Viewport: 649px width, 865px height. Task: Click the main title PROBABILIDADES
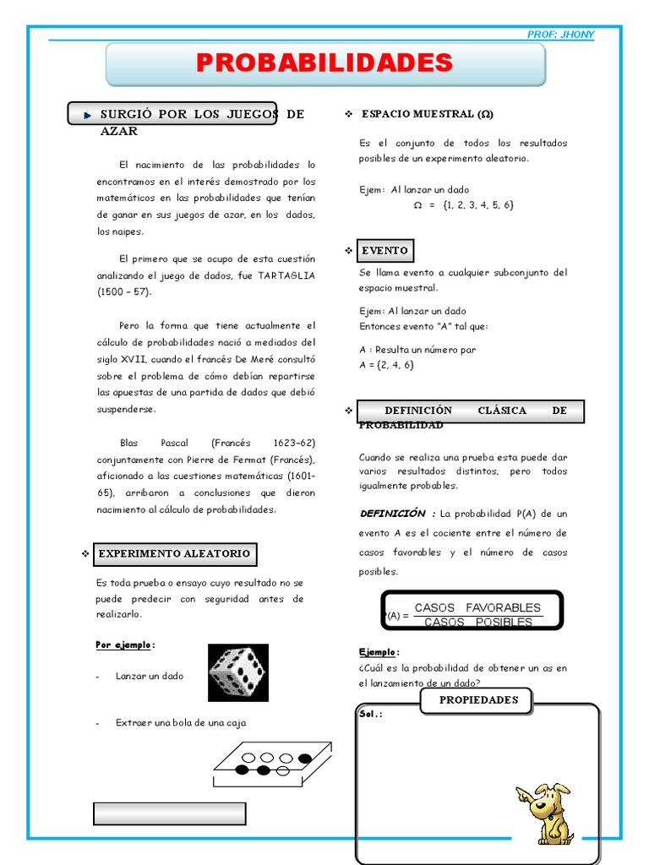[x=324, y=63]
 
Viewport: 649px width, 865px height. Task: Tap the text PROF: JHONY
[x=560, y=35]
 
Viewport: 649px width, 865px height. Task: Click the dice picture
[x=237, y=672]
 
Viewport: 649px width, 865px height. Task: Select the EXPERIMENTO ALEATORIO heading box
[x=174, y=554]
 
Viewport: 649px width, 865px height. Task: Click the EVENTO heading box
[x=384, y=251]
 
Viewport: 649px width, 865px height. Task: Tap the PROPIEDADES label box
[x=478, y=700]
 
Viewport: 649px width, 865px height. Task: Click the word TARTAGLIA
[x=286, y=275]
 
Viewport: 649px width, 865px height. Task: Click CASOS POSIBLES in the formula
[x=477, y=623]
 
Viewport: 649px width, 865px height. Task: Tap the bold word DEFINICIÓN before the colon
[x=393, y=514]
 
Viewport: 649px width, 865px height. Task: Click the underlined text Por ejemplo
[x=124, y=645]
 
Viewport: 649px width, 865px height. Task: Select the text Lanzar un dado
[x=150, y=677]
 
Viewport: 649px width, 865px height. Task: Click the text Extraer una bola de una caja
[x=181, y=723]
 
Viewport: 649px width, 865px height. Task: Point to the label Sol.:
[x=371, y=714]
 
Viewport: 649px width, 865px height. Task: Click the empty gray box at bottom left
[x=169, y=813]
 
